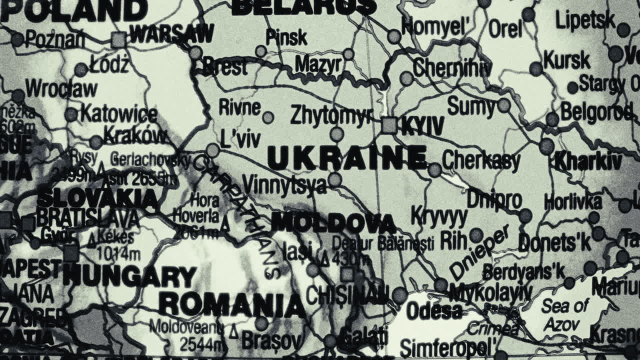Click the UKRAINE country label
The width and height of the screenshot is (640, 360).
click(x=347, y=158)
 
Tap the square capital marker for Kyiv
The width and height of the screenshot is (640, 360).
click(x=389, y=125)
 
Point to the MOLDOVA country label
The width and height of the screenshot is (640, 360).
click(x=333, y=223)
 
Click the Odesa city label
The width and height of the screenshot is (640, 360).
click(x=434, y=311)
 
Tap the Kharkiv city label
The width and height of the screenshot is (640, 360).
click(x=588, y=162)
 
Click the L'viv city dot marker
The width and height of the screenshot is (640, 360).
click(x=213, y=150)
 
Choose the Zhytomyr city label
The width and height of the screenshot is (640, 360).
click(x=331, y=115)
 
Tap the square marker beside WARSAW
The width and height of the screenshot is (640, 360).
click(x=119, y=39)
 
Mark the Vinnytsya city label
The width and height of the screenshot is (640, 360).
click(x=284, y=184)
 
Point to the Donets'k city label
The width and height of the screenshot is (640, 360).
click(x=554, y=243)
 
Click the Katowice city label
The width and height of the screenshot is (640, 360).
click(x=119, y=114)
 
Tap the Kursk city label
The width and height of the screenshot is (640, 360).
click(x=566, y=60)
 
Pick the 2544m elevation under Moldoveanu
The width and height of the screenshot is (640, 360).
click(x=202, y=344)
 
